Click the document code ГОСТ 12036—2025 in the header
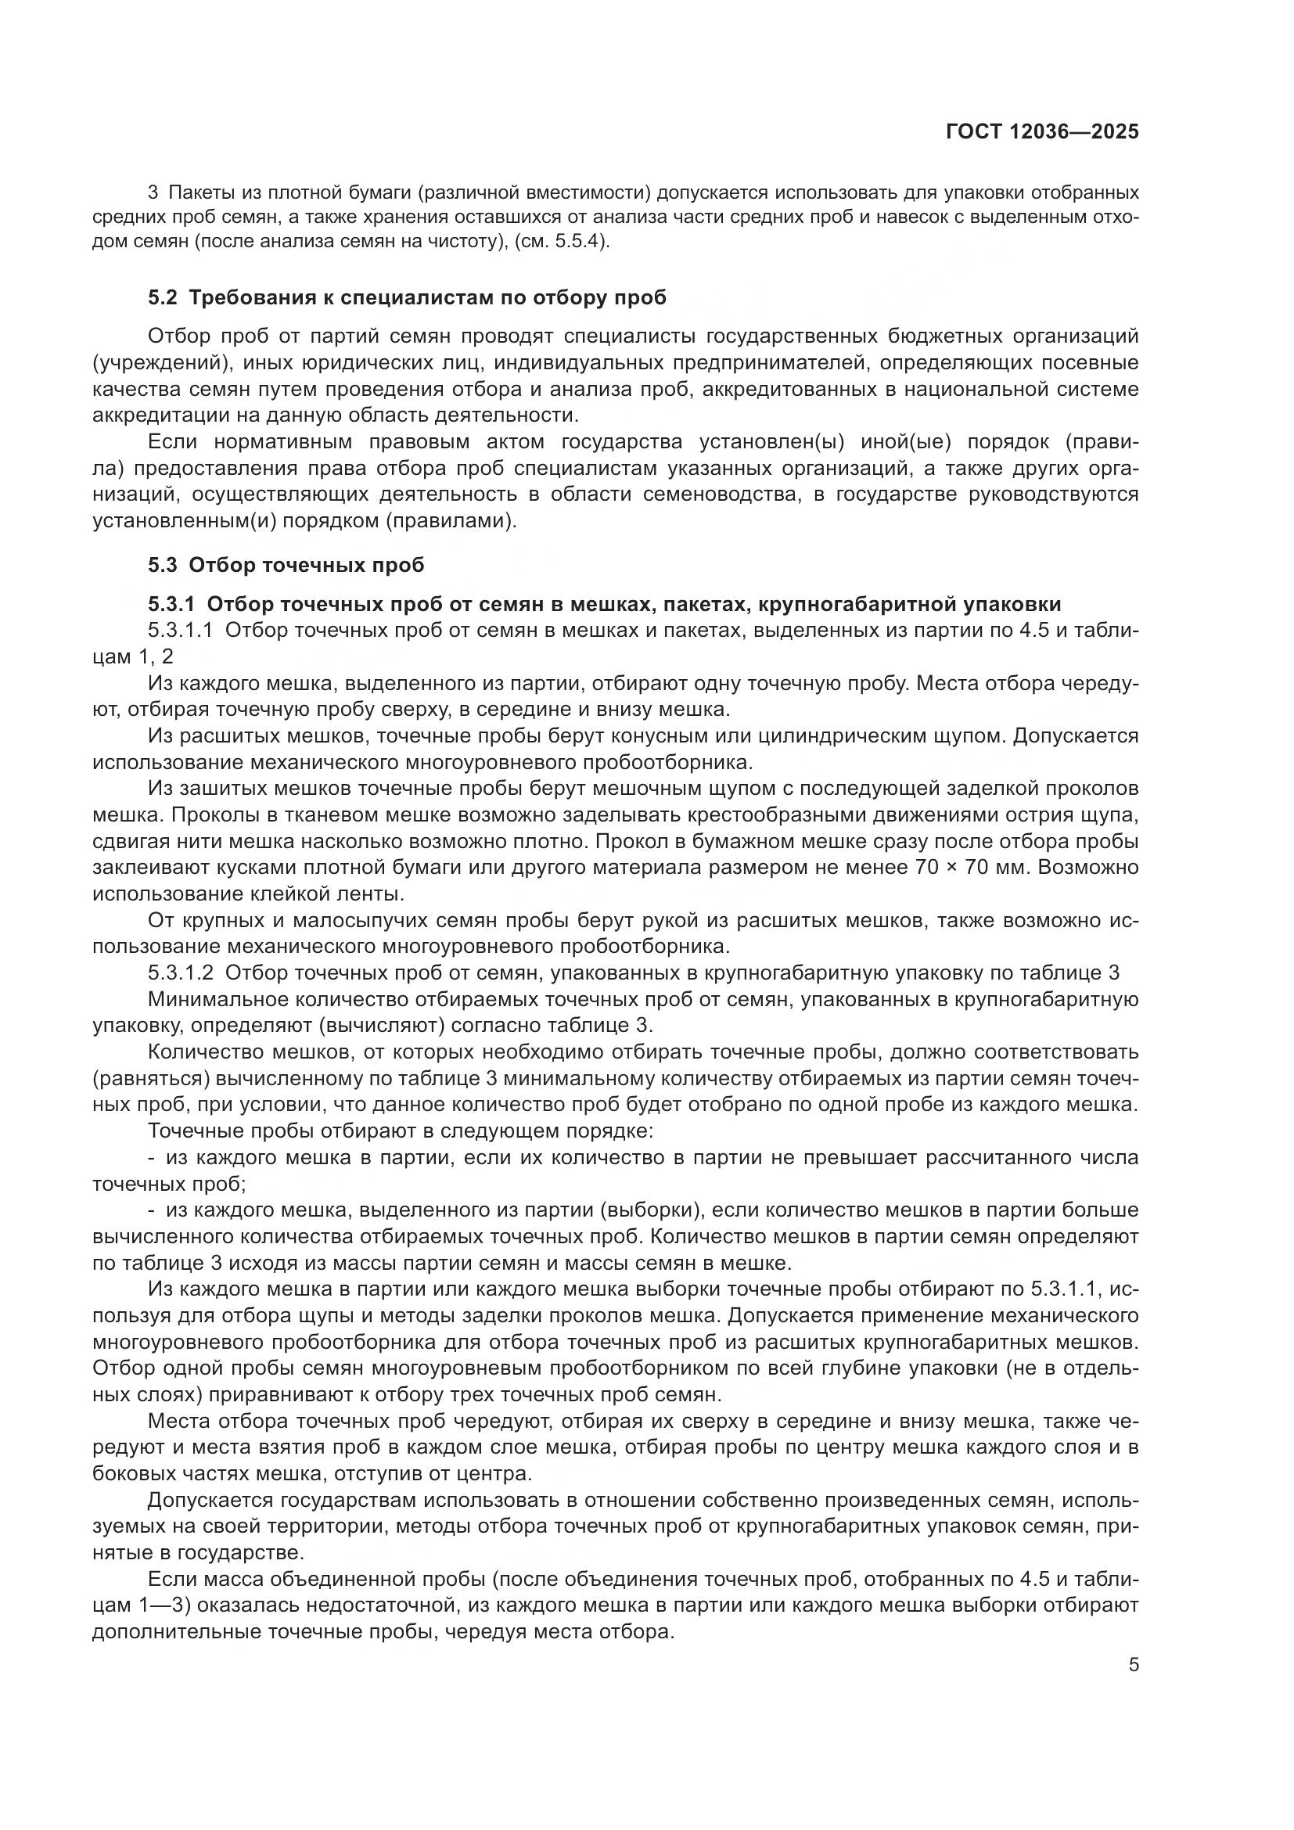[1041, 131]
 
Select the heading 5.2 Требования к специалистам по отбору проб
[406, 298]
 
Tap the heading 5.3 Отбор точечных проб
[286, 565]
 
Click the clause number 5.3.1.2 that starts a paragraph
[180, 973]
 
